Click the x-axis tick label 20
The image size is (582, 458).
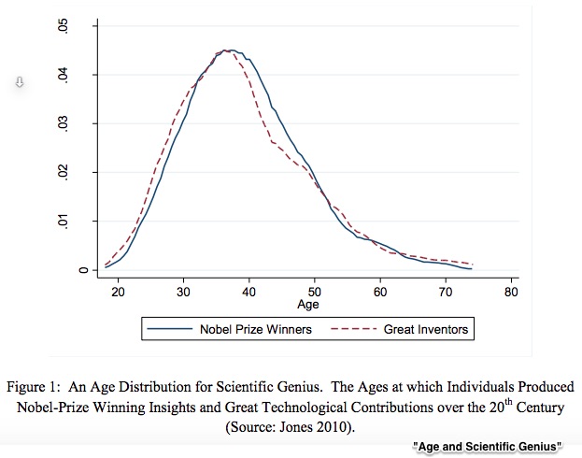tap(118, 292)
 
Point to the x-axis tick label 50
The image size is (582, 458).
tap(315, 292)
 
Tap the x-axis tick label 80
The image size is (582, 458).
tap(511, 292)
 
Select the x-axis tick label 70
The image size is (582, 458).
tap(446, 292)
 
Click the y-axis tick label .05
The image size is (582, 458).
tap(64, 26)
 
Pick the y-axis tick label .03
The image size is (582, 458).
tap(64, 123)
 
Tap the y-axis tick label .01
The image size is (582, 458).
tap(64, 222)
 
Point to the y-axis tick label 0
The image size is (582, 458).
tap(84, 270)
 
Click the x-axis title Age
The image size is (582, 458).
tap(308, 305)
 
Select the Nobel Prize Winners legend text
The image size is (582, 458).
tap(256, 329)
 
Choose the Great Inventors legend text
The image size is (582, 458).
tap(426, 329)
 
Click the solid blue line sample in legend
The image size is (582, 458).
tap(170, 329)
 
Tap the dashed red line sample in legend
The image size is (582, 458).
tap(354, 329)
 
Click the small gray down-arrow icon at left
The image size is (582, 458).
tap(20, 81)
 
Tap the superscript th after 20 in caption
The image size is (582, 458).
tap(508, 402)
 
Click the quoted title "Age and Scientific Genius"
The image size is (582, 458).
tap(487, 447)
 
